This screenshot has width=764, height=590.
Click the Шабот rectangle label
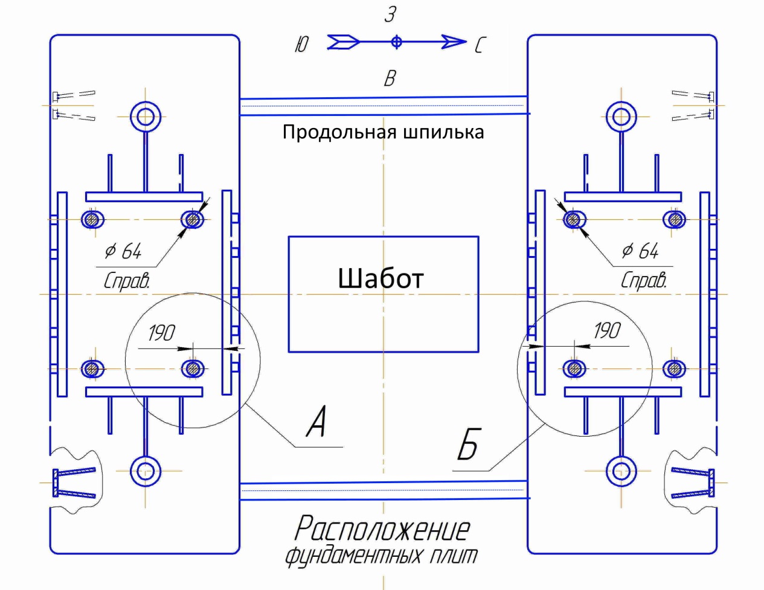point(380,278)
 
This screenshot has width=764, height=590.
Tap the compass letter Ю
point(302,45)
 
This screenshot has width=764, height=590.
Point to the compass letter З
point(390,15)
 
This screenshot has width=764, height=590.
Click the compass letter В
point(390,78)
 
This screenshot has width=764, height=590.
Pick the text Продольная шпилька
point(383,132)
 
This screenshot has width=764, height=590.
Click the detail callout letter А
point(316,422)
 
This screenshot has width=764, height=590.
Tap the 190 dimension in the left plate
point(161,333)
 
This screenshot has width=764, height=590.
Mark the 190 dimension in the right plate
point(606,330)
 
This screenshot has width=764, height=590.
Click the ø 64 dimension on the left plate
point(123,251)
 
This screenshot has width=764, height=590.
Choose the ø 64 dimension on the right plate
point(640,250)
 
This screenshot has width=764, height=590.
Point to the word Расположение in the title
point(382,528)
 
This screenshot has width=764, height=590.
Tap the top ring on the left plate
point(146,115)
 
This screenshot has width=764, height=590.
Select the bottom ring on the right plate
point(621,471)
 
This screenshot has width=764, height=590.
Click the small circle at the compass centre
point(396,42)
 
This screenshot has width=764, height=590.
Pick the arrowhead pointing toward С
point(454,42)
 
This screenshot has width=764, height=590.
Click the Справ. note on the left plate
point(126,280)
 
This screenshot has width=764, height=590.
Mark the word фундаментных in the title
point(353,555)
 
